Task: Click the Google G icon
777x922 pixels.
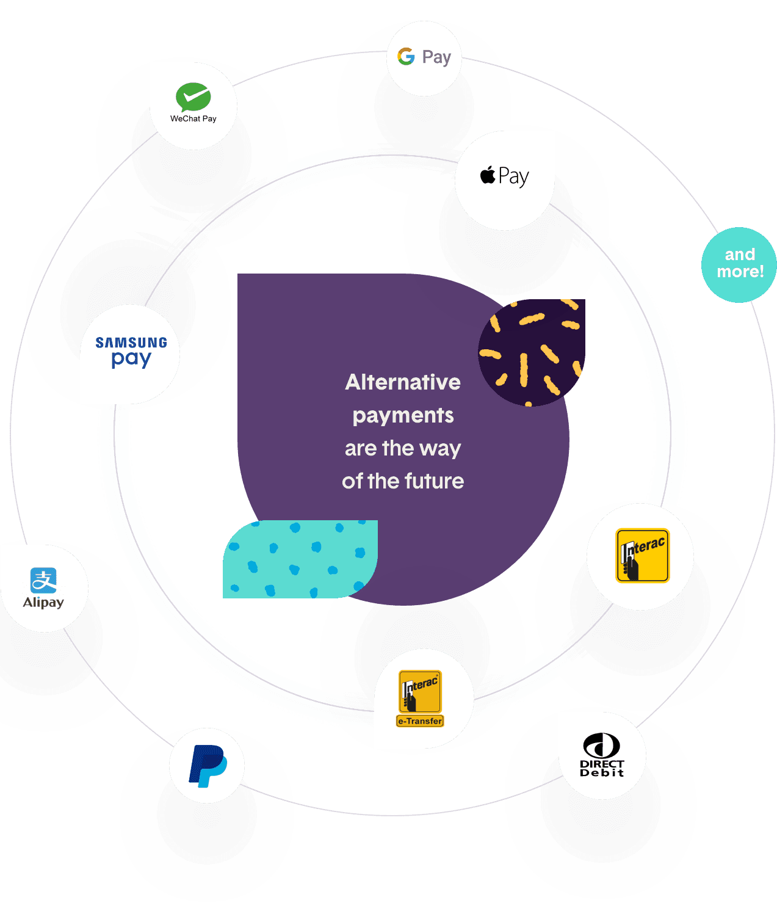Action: (406, 57)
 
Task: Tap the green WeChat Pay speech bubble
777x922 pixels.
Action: (193, 96)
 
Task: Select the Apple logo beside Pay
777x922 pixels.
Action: (488, 175)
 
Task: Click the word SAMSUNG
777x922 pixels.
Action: (131, 343)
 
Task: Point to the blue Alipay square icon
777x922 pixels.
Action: (43, 580)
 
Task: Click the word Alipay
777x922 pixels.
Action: (43, 603)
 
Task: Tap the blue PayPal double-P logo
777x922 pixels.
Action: (208, 766)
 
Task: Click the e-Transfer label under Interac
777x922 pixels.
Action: (420, 721)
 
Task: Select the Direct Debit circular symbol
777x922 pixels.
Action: (602, 746)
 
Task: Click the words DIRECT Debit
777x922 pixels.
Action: (602, 768)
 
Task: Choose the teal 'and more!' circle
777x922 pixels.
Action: (739, 264)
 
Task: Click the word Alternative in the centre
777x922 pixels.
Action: (403, 382)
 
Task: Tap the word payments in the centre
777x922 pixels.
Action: (403, 416)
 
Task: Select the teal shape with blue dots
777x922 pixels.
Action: (299, 559)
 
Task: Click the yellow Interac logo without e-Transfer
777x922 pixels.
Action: (642, 556)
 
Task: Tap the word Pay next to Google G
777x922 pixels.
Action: (436, 57)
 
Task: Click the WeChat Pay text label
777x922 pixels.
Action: (193, 118)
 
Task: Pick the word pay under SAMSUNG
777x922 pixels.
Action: (131, 359)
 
